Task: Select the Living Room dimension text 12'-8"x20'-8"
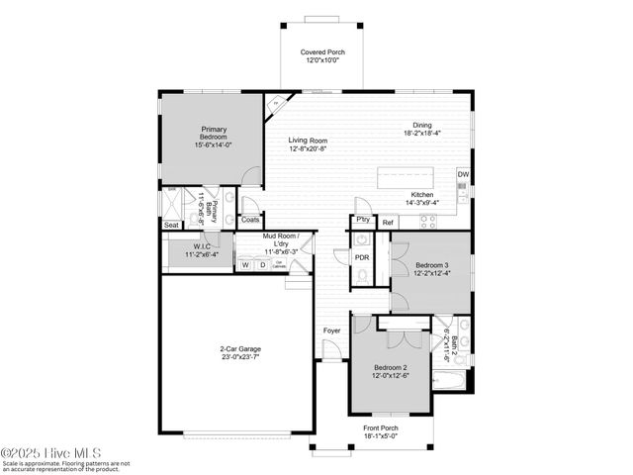point(308,148)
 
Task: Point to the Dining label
point(422,125)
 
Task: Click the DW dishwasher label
point(463,175)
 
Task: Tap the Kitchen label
point(422,195)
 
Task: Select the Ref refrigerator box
point(388,223)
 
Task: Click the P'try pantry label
point(363,221)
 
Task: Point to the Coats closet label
point(250,220)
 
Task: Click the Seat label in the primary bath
point(172,225)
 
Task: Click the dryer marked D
point(261,265)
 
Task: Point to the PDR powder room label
point(362,257)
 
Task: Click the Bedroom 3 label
point(431,266)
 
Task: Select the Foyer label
point(331,331)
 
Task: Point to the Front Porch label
point(380,428)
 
